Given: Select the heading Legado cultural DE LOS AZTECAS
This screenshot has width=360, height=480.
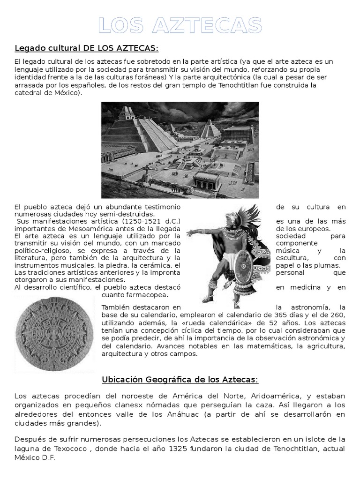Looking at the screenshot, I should coord(87,48).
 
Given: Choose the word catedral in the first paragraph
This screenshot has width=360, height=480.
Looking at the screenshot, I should coord(29,92).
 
